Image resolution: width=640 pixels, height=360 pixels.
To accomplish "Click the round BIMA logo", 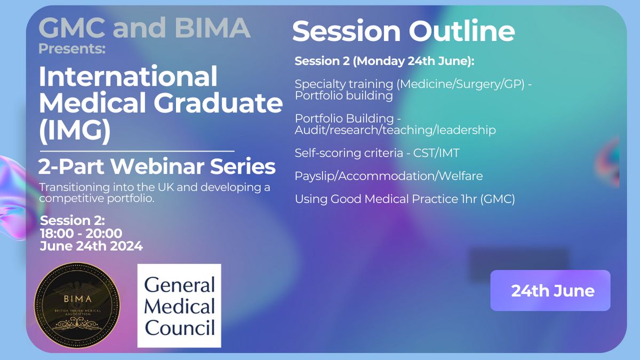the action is pyautogui.click(x=77, y=306).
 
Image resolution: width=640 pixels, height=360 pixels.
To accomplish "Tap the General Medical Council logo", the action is pyautogui.click(x=179, y=306).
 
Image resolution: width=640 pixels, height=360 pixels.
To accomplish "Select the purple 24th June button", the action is pyautogui.click(x=550, y=290).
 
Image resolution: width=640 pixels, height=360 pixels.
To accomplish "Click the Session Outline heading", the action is pyautogui.click(x=403, y=30).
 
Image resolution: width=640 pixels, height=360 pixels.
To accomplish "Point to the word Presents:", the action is pyautogui.click(x=72, y=49).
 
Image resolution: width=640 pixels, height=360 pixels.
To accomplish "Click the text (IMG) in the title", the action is pyautogui.click(x=75, y=130).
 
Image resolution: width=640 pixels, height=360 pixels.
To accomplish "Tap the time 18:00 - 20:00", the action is pyautogui.click(x=81, y=233).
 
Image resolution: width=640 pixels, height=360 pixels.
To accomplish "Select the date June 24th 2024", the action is pyautogui.click(x=91, y=246).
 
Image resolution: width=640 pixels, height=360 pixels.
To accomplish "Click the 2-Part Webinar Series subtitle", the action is pyautogui.click(x=157, y=166).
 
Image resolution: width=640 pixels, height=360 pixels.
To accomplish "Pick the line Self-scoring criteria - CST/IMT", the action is pyautogui.click(x=377, y=153).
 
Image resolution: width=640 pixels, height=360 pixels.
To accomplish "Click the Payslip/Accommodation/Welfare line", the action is pyautogui.click(x=389, y=175).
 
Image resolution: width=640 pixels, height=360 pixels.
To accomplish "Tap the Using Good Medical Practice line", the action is pyautogui.click(x=405, y=199).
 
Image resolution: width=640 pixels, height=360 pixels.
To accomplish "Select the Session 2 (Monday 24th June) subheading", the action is pyautogui.click(x=385, y=61).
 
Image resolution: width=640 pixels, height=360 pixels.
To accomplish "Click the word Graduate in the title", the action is pyautogui.click(x=219, y=103).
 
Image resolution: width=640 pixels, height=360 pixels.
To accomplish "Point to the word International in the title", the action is pyautogui.click(x=128, y=76).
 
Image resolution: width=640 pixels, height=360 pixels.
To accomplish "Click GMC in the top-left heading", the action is pyautogui.click(x=71, y=27).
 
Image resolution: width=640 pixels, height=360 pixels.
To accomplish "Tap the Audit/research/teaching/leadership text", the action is pyautogui.click(x=395, y=130).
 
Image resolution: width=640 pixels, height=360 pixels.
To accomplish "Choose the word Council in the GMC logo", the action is pyautogui.click(x=180, y=327).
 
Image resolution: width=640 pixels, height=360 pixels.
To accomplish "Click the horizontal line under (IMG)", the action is pyautogui.click(x=137, y=151).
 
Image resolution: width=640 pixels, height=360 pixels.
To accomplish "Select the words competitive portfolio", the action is pyautogui.click(x=97, y=198).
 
